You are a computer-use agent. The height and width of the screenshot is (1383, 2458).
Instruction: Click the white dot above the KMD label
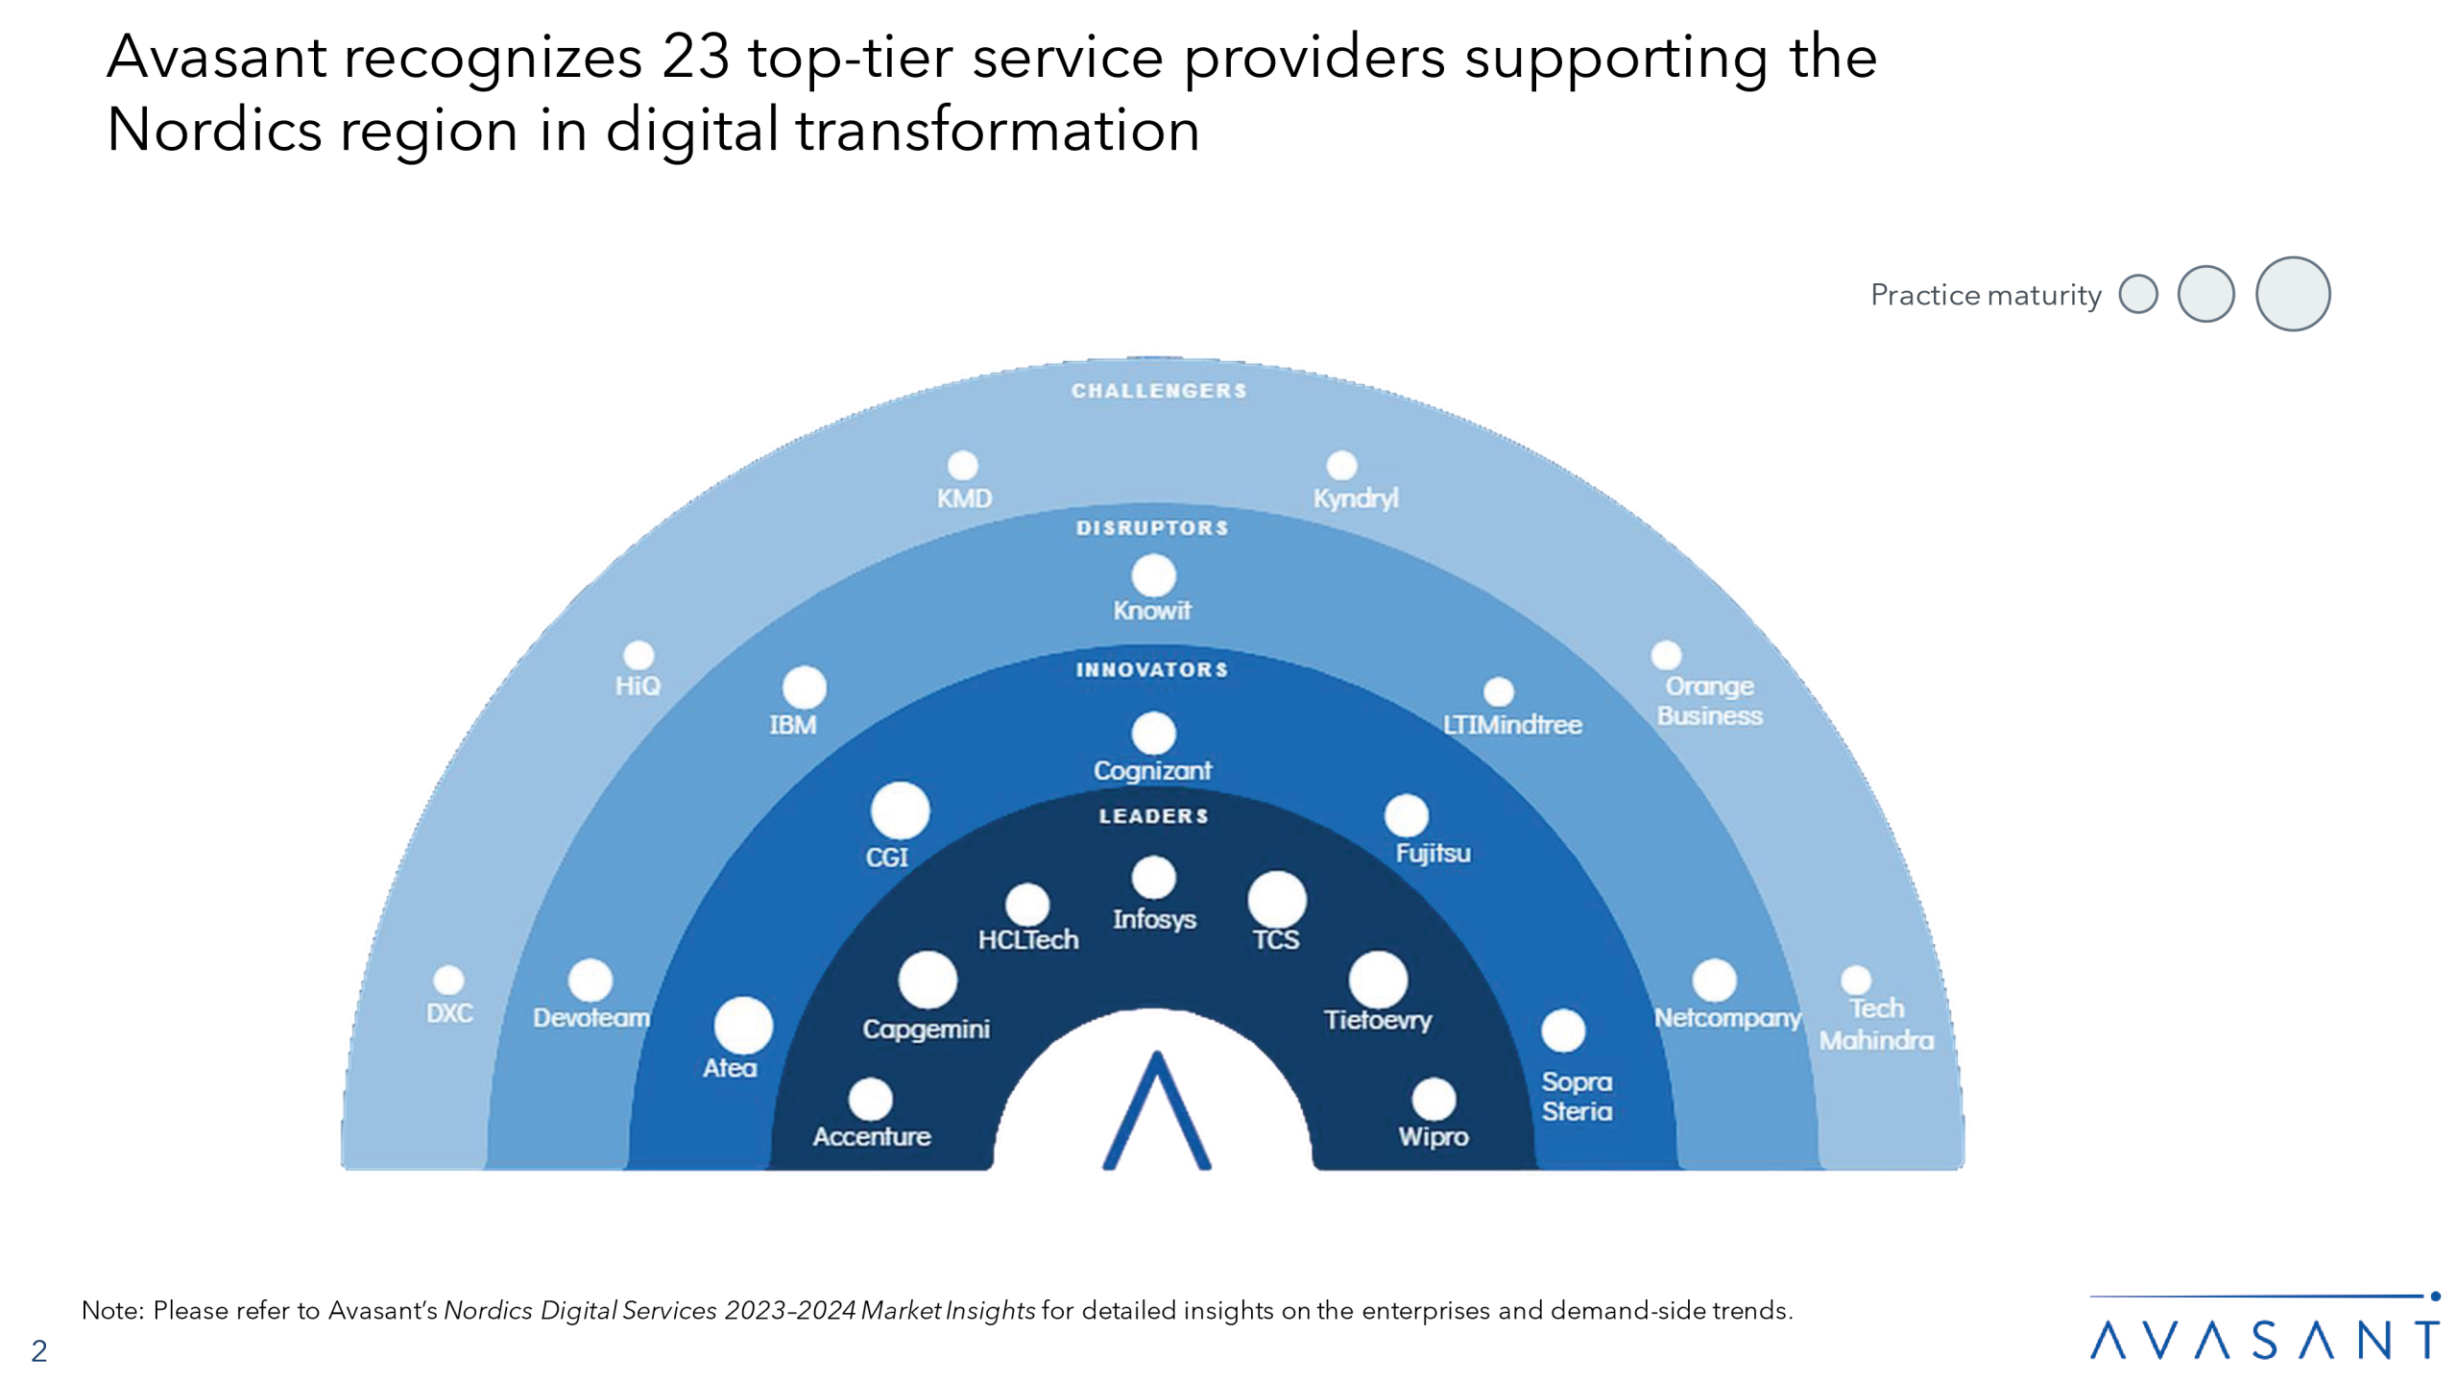tap(962, 466)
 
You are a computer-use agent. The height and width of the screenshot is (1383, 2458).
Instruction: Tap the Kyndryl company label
tap(1355, 498)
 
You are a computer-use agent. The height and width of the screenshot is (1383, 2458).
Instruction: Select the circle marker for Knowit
tap(1153, 576)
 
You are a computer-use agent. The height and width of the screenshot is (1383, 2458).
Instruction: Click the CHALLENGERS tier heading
tap(1159, 391)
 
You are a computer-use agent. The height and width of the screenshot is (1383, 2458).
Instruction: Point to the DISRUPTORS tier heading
tap(1152, 527)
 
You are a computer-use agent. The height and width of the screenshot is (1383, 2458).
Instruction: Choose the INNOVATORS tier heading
tap(1152, 669)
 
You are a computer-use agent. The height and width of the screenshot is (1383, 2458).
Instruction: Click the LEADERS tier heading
tap(1153, 815)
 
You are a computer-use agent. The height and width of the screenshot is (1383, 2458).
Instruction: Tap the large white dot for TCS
tap(1276, 900)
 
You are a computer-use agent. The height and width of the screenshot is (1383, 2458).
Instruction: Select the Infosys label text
tap(1154, 919)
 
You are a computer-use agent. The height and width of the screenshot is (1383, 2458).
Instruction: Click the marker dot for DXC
tap(448, 980)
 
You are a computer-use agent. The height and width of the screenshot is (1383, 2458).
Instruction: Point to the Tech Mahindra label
tap(1876, 1024)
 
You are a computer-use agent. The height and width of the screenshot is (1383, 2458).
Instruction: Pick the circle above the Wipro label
tap(1434, 1099)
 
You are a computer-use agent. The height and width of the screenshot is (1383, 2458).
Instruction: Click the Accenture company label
tap(872, 1136)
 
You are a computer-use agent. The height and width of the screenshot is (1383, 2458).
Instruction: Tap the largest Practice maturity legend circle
tap(2292, 294)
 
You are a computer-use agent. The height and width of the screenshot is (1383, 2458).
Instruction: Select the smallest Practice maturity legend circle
tap(2138, 294)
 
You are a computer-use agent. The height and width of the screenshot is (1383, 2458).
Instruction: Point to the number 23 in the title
tap(695, 57)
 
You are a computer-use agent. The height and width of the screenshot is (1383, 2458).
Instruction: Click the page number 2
tap(39, 1351)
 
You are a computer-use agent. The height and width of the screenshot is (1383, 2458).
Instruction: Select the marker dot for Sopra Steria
tap(1563, 1031)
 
